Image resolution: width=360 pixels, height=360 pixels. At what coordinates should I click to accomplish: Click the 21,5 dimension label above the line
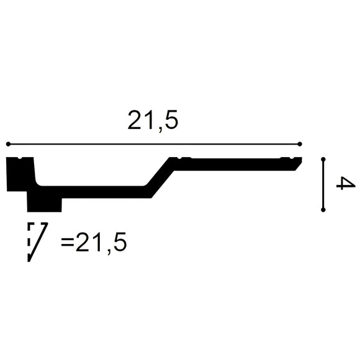click(x=153, y=120)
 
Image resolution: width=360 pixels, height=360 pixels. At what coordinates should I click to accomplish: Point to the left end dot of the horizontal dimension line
click(x=8, y=144)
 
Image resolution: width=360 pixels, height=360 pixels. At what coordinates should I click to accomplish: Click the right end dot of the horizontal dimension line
click(x=300, y=144)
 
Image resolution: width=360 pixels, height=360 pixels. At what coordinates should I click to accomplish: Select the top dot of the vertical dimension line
click(x=323, y=160)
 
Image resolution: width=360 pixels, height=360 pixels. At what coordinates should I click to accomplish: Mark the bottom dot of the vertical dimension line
click(x=323, y=210)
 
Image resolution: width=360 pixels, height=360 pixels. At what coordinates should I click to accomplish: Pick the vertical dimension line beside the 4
click(x=323, y=185)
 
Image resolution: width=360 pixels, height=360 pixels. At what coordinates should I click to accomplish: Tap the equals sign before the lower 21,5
click(x=67, y=243)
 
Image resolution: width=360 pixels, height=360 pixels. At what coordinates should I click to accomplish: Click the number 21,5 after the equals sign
click(x=101, y=243)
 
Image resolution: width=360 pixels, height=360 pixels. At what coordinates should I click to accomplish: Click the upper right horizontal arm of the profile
click(x=236, y=164)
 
